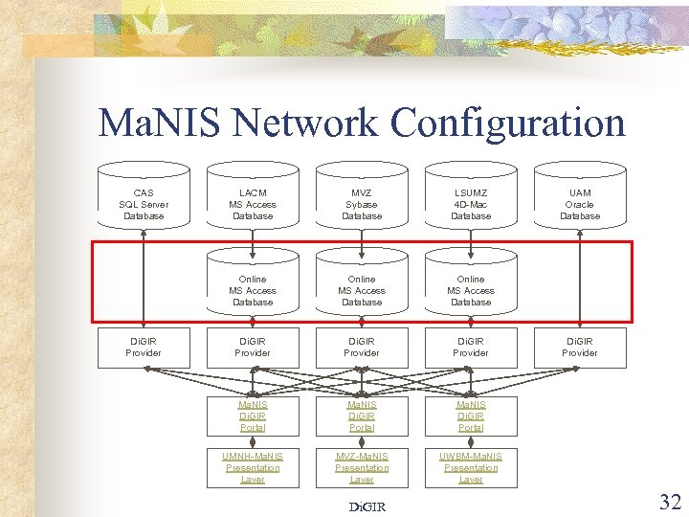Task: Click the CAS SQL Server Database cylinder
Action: [x=144, y=204]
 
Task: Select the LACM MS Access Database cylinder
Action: [x=253, y=204]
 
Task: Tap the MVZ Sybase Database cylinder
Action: [x=362, y=204]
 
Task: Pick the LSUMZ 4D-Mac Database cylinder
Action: [x=471, y=204]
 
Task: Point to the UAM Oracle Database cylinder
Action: [x=580, y=204]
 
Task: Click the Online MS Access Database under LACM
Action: [x=253, y=290]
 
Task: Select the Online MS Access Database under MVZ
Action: [x=362, y=290]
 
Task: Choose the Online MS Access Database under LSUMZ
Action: [x=471, y=290]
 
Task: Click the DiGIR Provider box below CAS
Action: [x=144, y=348]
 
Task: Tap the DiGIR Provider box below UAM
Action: [x=580, y=348]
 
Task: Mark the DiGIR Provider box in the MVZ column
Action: [x=362, y=348]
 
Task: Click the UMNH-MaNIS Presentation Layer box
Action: [x=253, y=467]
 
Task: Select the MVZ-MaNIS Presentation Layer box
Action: [x=362, y=467]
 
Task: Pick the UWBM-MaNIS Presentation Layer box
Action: [x=471, y=467]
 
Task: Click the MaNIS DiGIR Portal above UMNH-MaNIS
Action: [x=253, y=416]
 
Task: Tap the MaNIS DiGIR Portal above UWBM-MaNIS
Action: [x=471, y=416]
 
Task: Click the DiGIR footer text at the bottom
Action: [x=367, y=506]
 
